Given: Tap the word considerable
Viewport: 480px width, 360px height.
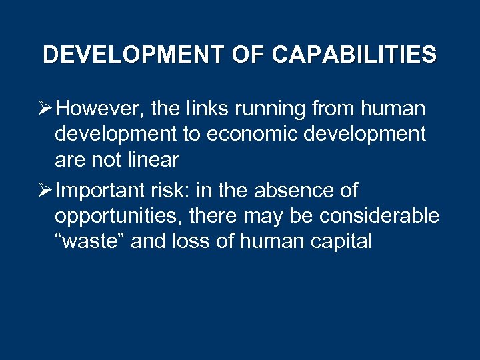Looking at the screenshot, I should click(x=379, y=216).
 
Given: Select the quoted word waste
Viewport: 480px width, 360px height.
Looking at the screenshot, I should click(x=90, y=241).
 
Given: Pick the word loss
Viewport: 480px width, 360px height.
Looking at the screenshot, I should click(x=195, y=241).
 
